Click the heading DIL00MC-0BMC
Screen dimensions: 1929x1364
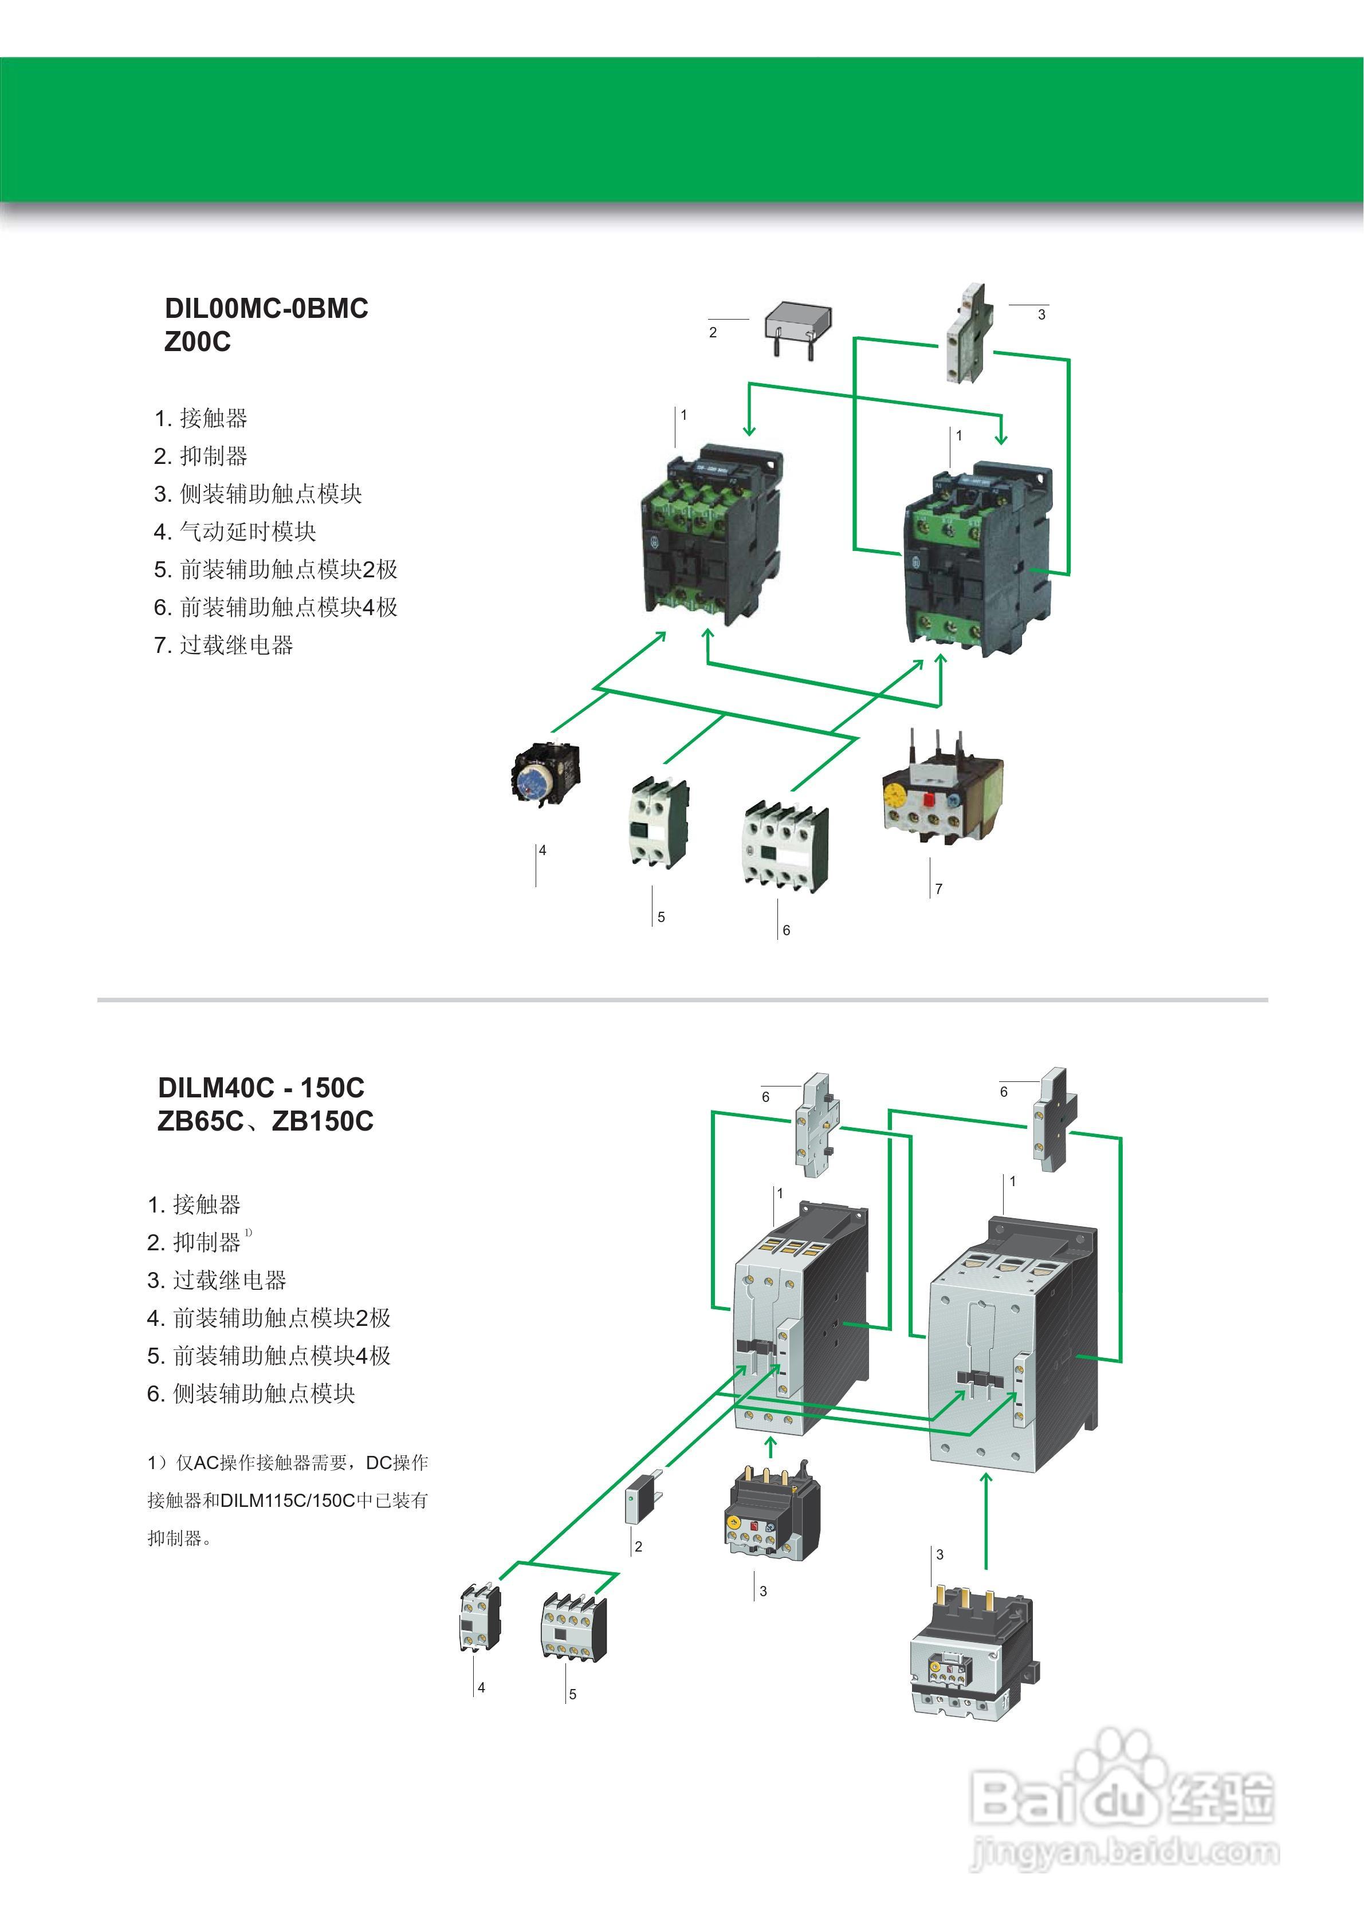click(266, 308)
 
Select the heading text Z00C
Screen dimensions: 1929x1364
click(198, 342)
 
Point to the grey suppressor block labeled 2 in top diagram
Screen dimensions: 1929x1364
click(799, 324)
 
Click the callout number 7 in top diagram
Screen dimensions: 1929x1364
click(939, 889)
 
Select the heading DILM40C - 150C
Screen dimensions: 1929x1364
click(261, 1088)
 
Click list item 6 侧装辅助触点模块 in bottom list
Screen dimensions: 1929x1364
click(251, 1394)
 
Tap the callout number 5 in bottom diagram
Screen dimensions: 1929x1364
click(572, 1695)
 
